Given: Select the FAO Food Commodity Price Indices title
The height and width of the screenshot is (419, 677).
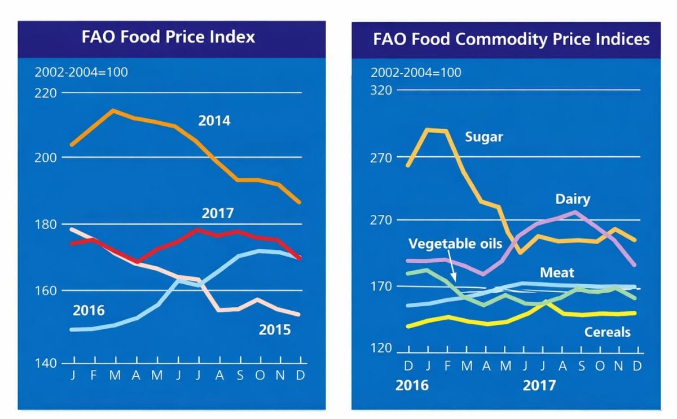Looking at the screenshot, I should [x=511, y=39].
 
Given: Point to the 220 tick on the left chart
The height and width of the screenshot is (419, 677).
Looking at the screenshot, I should [x=46, y=92].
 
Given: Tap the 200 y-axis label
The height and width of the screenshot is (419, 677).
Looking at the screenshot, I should [x=46, y=157].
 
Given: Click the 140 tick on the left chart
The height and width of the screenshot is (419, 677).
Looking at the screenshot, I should [x=46, y=363].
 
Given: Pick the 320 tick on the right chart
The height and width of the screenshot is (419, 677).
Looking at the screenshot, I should [x=381, y=90].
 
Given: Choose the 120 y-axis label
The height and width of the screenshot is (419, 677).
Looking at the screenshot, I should [x=381, y=348].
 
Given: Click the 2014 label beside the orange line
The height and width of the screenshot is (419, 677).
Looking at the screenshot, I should [x=214, y=120].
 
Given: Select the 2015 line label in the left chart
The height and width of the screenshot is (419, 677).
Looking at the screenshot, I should [x=275, y=329].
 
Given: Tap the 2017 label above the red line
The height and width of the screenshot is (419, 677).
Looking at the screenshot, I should [x=218, y=214].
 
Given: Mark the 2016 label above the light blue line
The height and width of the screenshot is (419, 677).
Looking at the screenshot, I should [x=89, y=310].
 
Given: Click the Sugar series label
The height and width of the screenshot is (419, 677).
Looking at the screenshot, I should [x=483, y=137].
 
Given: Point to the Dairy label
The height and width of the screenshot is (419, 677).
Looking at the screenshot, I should [x=573, y=199].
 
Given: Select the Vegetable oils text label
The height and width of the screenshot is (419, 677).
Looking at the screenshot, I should [x=455, y=244].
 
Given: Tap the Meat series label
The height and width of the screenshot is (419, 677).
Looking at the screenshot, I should [x=557, y=273].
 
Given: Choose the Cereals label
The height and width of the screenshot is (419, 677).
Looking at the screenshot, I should [x=607, y=332].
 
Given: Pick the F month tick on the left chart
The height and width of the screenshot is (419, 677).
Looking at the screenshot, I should [x=94, y=376].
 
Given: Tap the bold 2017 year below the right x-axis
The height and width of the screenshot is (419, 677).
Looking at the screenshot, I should [x=539, y=385].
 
